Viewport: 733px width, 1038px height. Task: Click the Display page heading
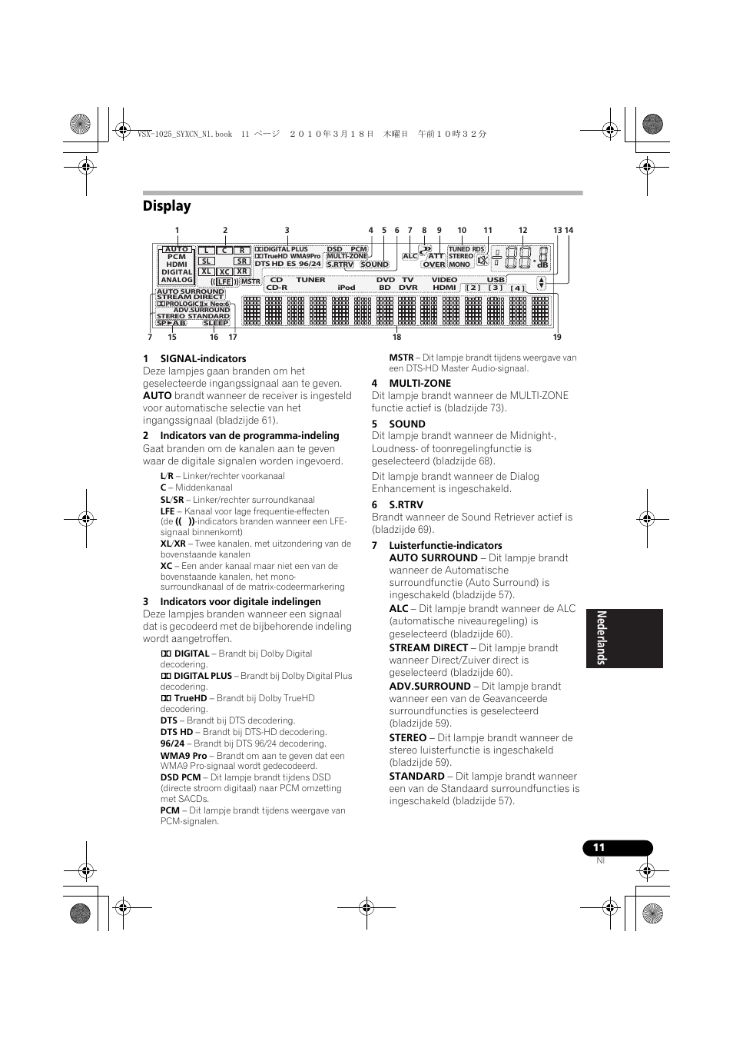(167, 206)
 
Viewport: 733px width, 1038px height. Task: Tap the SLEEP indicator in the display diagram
(216, 323)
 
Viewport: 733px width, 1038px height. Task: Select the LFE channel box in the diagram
(224, 282)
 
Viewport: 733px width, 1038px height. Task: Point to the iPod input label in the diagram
(347, 288)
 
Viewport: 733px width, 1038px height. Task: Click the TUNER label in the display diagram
(310, 280)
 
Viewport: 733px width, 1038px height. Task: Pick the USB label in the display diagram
(496, 280)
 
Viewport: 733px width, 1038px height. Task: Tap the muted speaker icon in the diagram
(483, 261)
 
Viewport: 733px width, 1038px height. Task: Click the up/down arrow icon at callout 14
(541, 282)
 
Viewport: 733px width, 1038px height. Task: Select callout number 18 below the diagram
(397, 337)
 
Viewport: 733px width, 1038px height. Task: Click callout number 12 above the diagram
(522, 231)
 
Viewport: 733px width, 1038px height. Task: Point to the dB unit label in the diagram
(542, 265)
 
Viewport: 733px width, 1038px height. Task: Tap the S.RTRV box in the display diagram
(340, 264)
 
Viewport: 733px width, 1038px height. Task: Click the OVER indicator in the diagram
(434, 264)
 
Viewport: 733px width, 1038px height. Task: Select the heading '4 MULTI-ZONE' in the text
(411, 383)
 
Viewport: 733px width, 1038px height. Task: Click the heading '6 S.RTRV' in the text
(397, 505)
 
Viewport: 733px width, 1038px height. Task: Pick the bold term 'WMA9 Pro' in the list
(184, 756)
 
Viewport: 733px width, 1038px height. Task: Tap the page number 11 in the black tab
(599, 847)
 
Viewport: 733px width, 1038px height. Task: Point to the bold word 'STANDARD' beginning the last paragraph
(416, 776)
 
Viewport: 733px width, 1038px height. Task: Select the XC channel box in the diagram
(224, 272)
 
